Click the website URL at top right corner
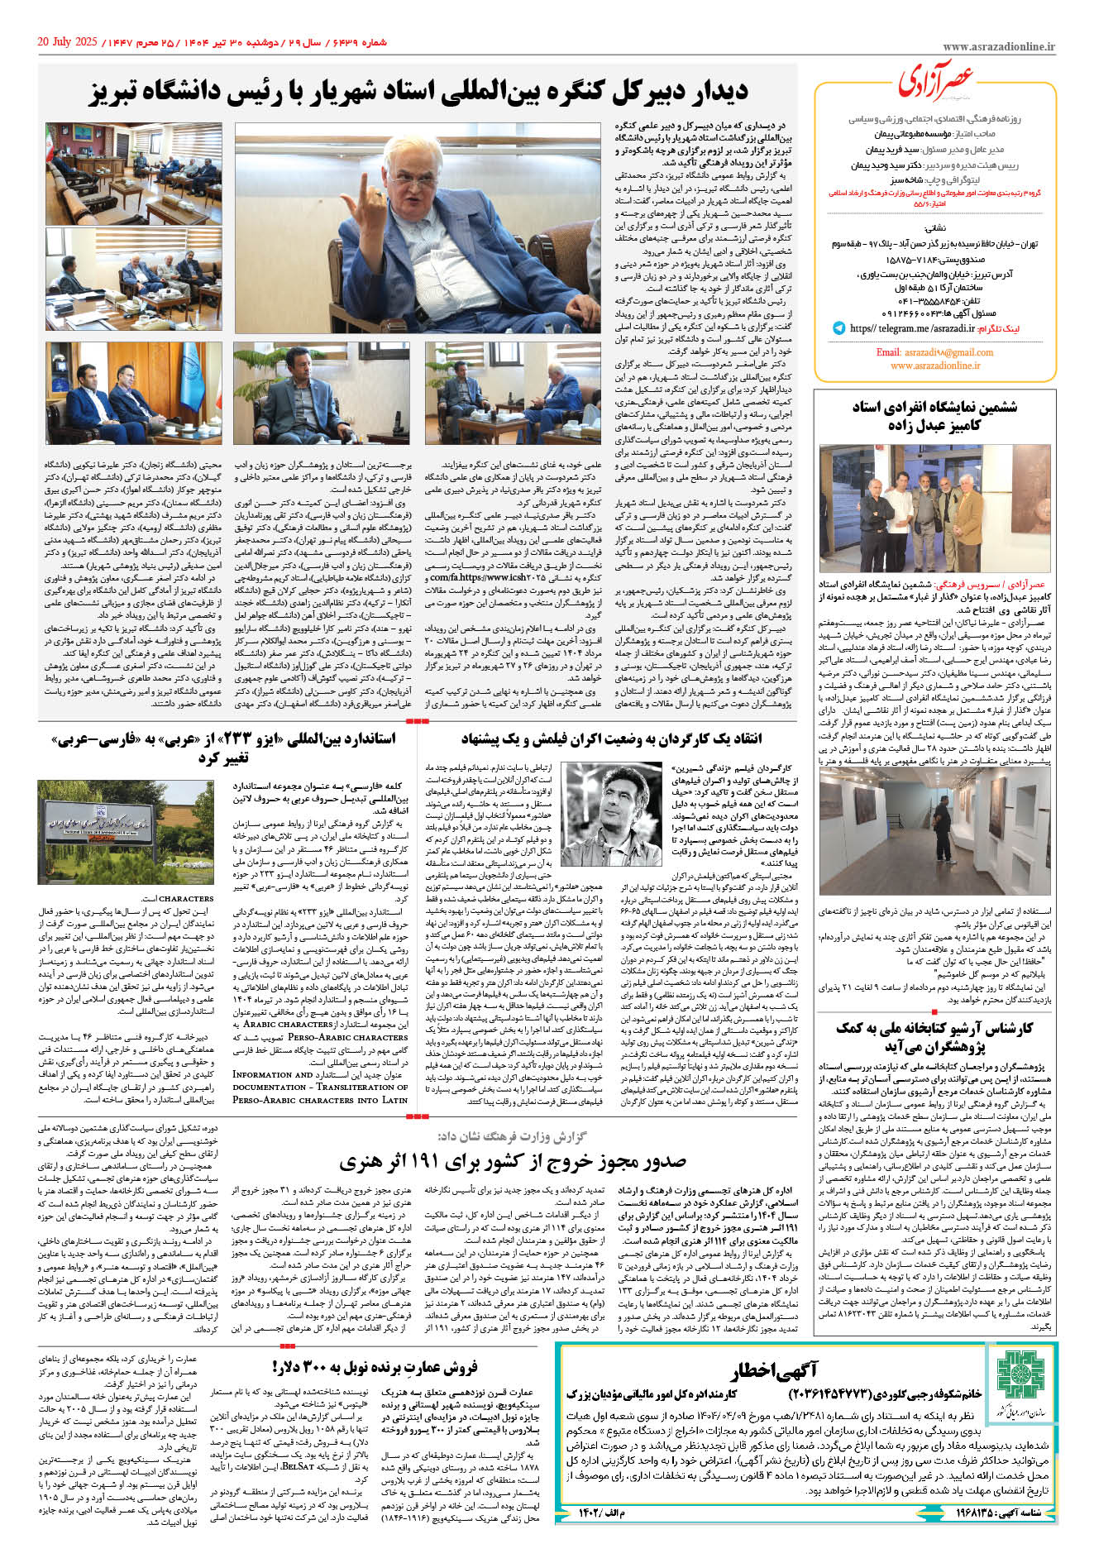point(998,48)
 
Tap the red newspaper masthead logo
point(935,81)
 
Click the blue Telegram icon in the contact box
point(838,328)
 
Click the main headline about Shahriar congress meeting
point(418,93)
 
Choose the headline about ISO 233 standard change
point(223,746)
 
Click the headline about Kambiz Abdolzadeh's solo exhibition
point(934,415)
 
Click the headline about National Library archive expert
point(934,1037)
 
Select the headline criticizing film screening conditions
point(611,738)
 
